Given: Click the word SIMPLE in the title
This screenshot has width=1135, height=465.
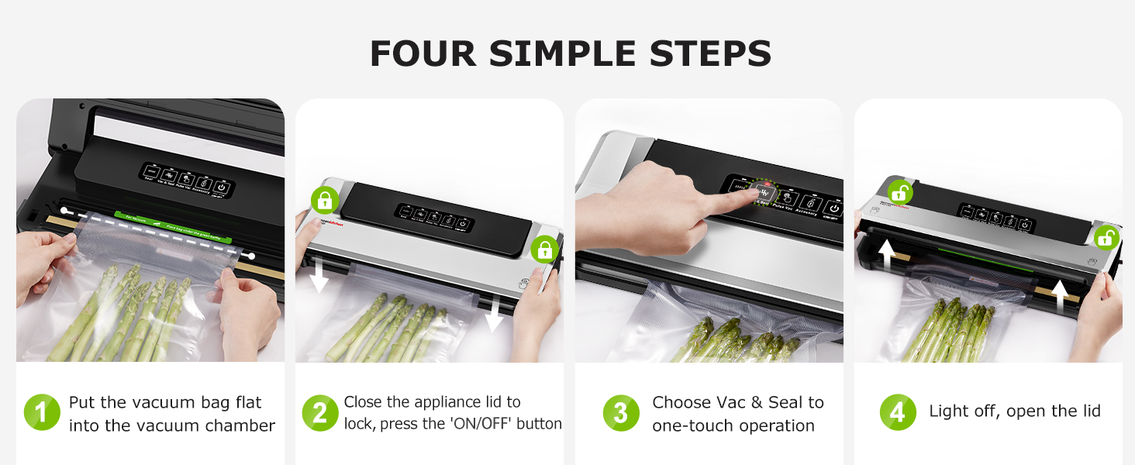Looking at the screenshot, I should [x=570, y=53].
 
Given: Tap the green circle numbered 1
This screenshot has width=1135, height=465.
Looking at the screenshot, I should [x=42, y=413].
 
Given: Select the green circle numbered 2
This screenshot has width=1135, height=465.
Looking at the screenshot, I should [x=320, y=413].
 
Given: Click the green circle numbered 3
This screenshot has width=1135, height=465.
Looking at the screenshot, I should [x=621, y=413].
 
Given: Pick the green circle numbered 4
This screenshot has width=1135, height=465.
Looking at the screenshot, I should [x=898, y=413].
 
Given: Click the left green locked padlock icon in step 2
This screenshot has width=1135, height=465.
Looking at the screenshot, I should [x=324, y=201].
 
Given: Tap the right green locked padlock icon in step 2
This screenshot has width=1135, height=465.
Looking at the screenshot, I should [x=545, y=249].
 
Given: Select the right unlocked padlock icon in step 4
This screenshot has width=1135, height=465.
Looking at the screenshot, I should [x=1106, y=237].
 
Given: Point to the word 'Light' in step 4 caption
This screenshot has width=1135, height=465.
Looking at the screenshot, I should [x=948, y=412].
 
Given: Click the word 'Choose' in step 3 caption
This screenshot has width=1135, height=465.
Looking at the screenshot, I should [x=681, y=402].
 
